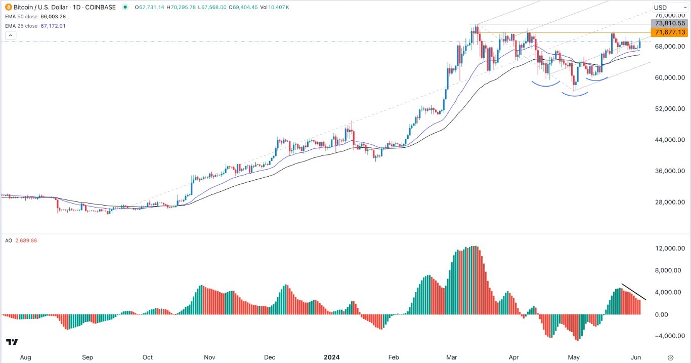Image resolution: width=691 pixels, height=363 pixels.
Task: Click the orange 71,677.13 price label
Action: pos(670,32)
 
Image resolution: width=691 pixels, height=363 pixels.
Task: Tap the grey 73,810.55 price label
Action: pos(670,23)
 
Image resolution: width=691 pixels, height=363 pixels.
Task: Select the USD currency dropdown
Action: pos(667,7)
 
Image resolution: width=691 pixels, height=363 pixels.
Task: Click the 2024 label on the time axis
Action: pos(332,357)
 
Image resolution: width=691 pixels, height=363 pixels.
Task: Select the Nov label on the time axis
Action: pos(210,357)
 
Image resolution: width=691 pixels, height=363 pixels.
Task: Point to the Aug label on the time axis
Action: pos(25,357)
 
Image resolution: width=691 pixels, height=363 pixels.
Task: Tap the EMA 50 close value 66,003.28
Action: pos(59,17)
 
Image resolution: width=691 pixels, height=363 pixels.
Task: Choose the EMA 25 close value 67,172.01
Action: pos(51,26)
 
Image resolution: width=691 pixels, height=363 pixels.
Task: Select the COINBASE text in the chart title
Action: pos(101,7)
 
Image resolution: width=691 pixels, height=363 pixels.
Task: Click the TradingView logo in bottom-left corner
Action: pos(13,343)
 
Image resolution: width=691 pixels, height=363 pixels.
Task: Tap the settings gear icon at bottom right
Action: pos(670,357)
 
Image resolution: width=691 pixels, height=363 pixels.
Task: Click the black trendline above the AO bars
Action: pos(633,292)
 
